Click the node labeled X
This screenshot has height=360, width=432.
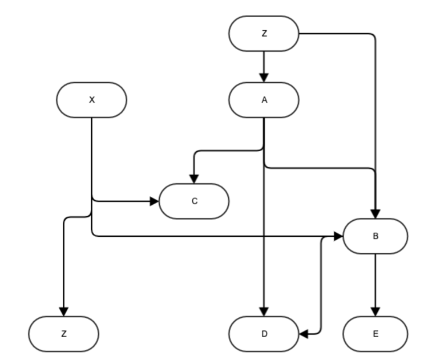pyautogui.click(x=91, y=100)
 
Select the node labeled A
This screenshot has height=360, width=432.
pyautogui.click(x=264, y=100)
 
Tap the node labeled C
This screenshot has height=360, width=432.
pyautogui.click(x=194, y=201)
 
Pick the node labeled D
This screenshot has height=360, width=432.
pyautogui.click(x=264, y=334)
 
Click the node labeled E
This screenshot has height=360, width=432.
pyautogui.click(x=375, y=334)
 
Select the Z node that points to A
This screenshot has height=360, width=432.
pyautogui.click(x=264, y=33)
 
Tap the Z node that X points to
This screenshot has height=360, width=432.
pyautogui.click(x=63, y=334)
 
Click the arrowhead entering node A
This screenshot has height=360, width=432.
pyautogui.click(x=264, y=78)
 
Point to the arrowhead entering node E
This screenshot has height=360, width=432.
pyautogui.click(x=375, y=312)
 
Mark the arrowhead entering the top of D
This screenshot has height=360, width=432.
pyautogui.click(x=264, y=312)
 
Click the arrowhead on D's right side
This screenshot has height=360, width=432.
pyautogui.click(x=304, y=334)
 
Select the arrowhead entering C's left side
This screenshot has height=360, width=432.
pyautogui.click(x=154, y=201)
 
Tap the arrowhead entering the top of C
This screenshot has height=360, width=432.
pyautogui.click(x=194, y=179)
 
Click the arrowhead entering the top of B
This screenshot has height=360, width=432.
pyautogui.click(x=375, y=213)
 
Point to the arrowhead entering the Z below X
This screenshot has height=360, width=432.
pyautogui.click(x=63, y=312)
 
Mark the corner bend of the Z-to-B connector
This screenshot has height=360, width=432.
pyautogui.click(x=374, y=35)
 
